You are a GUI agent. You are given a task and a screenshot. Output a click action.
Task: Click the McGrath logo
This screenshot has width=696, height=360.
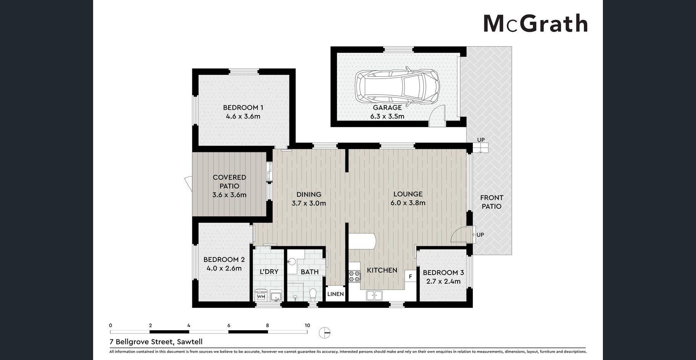pos(535,24)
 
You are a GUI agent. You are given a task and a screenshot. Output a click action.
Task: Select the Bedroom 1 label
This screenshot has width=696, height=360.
pos(243,108)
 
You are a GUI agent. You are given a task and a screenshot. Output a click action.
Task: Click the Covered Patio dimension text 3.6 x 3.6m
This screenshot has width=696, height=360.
pos(229,195)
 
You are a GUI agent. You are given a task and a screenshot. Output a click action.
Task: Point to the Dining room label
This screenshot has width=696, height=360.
pos(309,194)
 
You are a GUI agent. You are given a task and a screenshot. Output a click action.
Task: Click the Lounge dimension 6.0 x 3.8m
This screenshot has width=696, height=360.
pos(408,203)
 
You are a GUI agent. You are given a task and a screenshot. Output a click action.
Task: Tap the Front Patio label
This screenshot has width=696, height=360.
pos(491,202)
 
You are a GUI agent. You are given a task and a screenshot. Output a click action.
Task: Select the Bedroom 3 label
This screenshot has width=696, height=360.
pos(443,273)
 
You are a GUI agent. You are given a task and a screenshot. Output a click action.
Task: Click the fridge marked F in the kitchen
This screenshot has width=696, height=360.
pos(411,276)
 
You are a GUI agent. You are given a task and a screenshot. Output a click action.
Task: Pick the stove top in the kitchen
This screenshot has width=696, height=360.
pos(354,276)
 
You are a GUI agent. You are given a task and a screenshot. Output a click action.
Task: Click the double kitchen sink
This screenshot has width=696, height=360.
pos(374,295)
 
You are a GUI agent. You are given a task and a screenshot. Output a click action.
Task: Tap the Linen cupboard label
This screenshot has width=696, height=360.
pos(336,294)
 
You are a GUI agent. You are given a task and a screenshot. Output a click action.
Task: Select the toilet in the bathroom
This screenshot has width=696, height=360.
pos(313,294)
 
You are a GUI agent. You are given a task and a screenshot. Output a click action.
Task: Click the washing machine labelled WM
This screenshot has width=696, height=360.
pos(261,296)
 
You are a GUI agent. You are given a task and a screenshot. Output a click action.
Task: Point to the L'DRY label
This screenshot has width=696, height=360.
pos(269,272)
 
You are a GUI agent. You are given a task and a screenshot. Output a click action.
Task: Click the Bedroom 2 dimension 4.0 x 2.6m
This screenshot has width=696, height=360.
pos(224,268)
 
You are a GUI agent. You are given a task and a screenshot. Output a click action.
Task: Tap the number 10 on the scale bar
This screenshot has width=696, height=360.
pos(307,325)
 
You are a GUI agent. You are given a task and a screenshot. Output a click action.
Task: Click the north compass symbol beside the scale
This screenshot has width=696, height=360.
pos(325,333)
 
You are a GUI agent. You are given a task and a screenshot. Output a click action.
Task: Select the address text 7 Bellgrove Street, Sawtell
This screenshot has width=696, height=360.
pos(156,342)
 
